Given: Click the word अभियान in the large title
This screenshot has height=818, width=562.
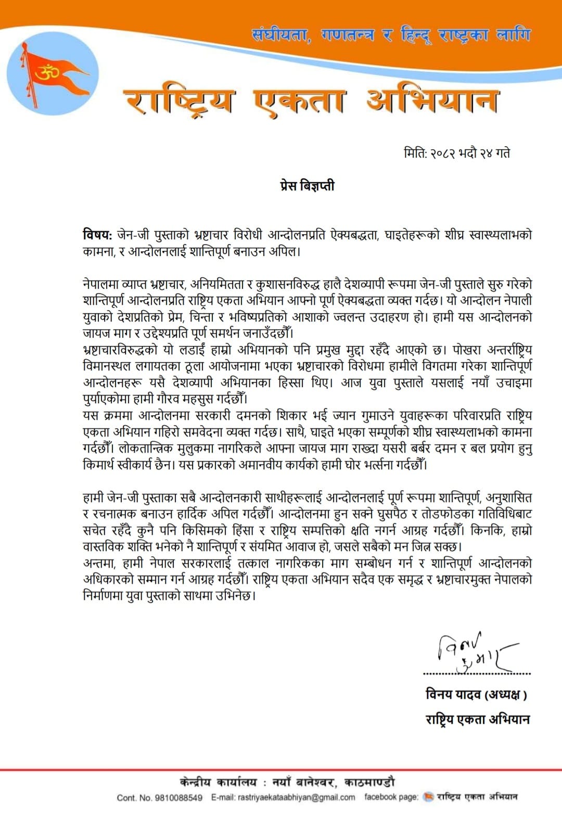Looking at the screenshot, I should pyautogui.click(x=431, y=100).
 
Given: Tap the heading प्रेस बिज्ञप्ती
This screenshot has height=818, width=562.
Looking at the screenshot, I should pyautogui.click(x=307, y=186).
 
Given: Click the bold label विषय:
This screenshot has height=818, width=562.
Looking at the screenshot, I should pyautogui.click(x=97, y=235).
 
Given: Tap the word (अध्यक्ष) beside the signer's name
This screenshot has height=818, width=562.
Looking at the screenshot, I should pyautogui.click(x=506, y=695).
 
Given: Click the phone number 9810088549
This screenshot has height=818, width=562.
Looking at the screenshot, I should pyautogui.click(x=178, y=798).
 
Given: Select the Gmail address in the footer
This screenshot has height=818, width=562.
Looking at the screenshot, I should pyautogui.click(x=296, y=797).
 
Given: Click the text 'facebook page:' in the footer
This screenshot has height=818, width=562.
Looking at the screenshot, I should pyautogui.click(x=391, y=797).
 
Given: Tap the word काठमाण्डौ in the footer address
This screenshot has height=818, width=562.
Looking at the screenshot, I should pyautogui.click(x=369, y=782).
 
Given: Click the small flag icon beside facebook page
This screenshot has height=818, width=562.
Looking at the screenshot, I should pyautogui.click(x=428, y=797).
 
